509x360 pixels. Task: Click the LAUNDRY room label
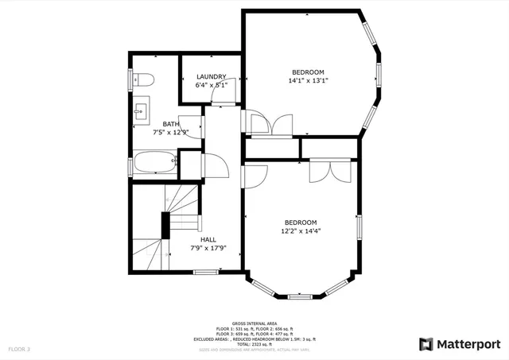[x=212, y=77]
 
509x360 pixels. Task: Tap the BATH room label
[x=171, y=124]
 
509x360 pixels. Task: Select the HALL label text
[x=208, y=239]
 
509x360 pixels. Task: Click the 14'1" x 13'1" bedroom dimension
[x=308, y=80]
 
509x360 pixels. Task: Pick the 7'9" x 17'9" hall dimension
[x=208, y=248]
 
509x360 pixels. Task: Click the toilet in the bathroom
[x=142, y=79]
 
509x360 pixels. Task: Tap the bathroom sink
[x=141, y=110]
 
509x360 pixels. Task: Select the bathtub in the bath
[x=154, y=162]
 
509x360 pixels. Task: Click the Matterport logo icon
[x=426, y=343]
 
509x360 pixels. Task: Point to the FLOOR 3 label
[x=19, y=349]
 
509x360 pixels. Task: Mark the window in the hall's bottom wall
[x=207, y=272]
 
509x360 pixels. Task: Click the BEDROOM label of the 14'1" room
[x=307, y=72]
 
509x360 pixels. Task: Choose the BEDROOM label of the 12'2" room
[x=301, y=222]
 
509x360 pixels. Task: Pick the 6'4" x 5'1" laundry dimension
[x=212, y=85]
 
